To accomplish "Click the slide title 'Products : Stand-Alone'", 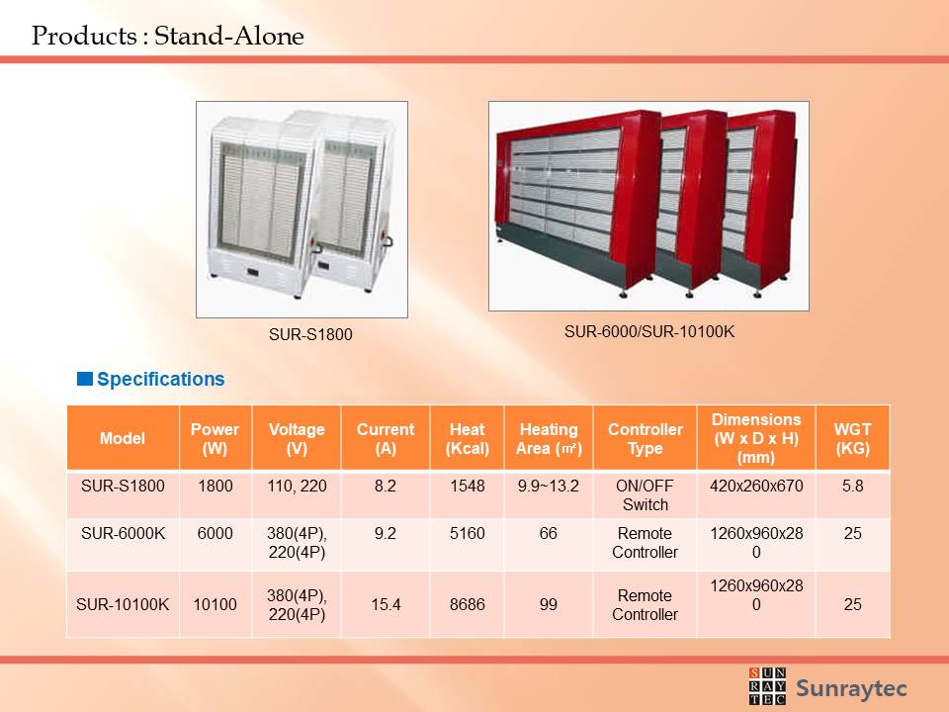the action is tap(168, 36).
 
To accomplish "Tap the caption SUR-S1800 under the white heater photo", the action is tap(310, 334).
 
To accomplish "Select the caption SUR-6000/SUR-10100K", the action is tap(649, 332).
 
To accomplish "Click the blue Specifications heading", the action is tap(160, 379).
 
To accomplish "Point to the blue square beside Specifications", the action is tap(85, 379).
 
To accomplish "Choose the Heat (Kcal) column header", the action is tap(468, 438).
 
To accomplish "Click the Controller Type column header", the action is tap(646, 438).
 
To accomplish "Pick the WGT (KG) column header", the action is tap(853, 438).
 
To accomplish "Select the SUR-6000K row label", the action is tap(123, 533).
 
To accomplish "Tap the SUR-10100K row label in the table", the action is tap(123, 604).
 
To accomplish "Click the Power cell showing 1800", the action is tap(216, 486).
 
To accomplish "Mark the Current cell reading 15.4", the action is tap(386, 604).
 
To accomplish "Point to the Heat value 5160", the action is tap(468, 533).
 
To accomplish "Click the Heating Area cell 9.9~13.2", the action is tap(549, 486).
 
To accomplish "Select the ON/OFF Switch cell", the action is tap(646, 495).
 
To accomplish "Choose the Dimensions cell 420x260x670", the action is tap(756, 486).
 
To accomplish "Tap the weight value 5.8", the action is tap(853, 486).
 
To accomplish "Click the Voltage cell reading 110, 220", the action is tap(298, 486).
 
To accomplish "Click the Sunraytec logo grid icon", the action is tap(767, 686).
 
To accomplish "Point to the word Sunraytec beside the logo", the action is tap(851, 688).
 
